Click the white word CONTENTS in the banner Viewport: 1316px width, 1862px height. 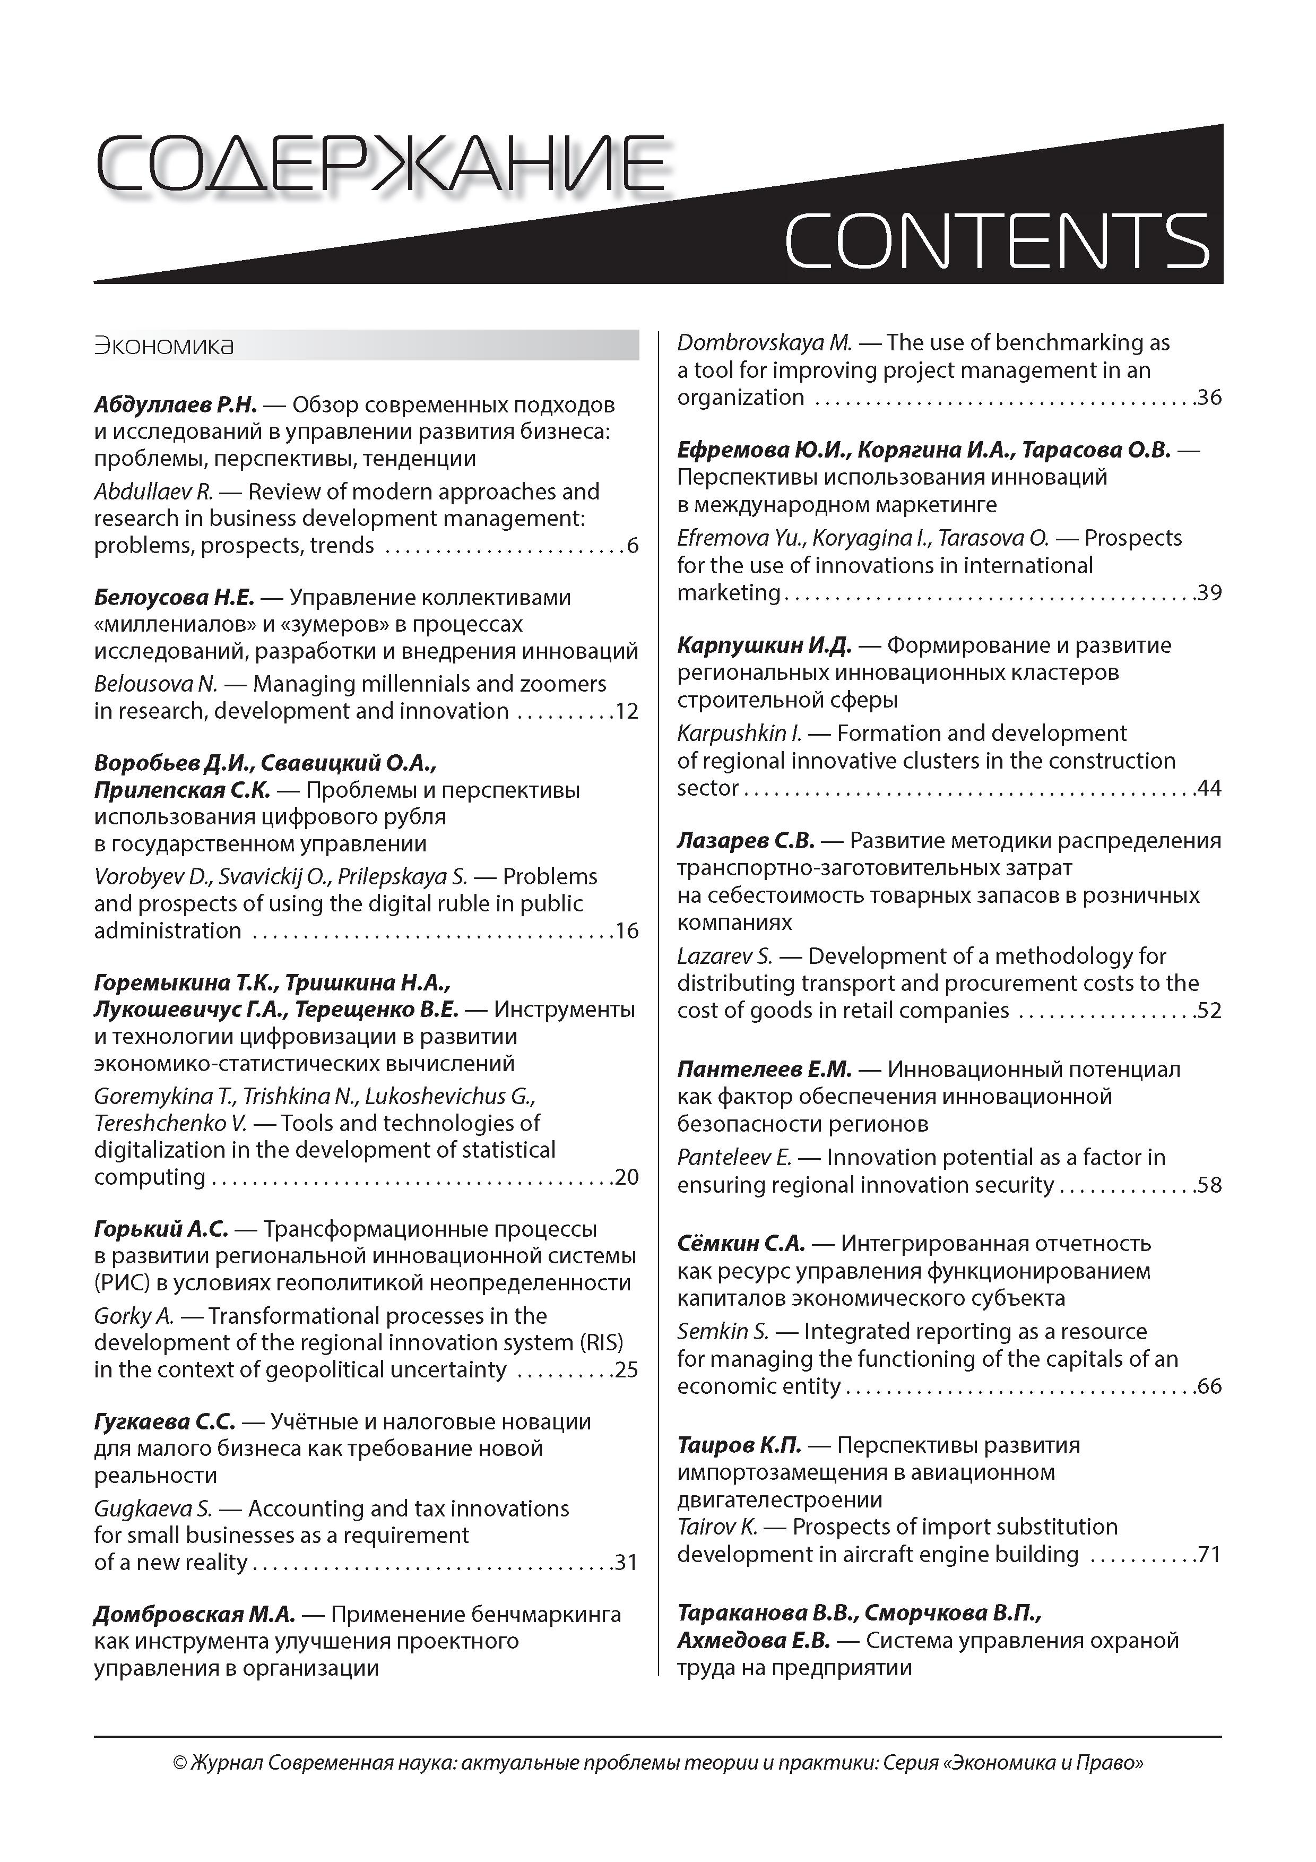[x=997, y=241]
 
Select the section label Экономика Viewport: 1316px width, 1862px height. [x=164, y=346]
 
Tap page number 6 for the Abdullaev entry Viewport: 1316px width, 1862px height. [x=633, y=546]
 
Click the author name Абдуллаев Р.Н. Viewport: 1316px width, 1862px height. [x=175, y=404]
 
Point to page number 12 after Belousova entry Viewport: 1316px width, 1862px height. [x=627, y=712]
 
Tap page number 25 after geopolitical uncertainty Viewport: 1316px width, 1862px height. [x=627, y=1370]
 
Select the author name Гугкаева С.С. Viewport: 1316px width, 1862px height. [x=164, y=1421]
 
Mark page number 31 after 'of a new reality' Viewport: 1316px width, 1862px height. [x=626, y=1563]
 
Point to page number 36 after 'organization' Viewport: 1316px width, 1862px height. [x=1209, y=398]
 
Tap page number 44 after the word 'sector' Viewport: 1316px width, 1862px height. [x=1209, y=788]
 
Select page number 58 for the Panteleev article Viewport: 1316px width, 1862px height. [x=1209, y=1185]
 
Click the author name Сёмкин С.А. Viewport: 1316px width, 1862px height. [x=740, y=1243]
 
